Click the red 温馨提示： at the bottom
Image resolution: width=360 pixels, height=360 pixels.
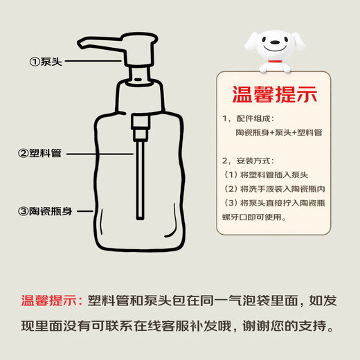tap(52, 301)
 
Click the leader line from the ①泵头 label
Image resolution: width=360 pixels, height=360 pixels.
tap(94, 62)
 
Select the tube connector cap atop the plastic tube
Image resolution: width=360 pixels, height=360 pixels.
tap(139, 125)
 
